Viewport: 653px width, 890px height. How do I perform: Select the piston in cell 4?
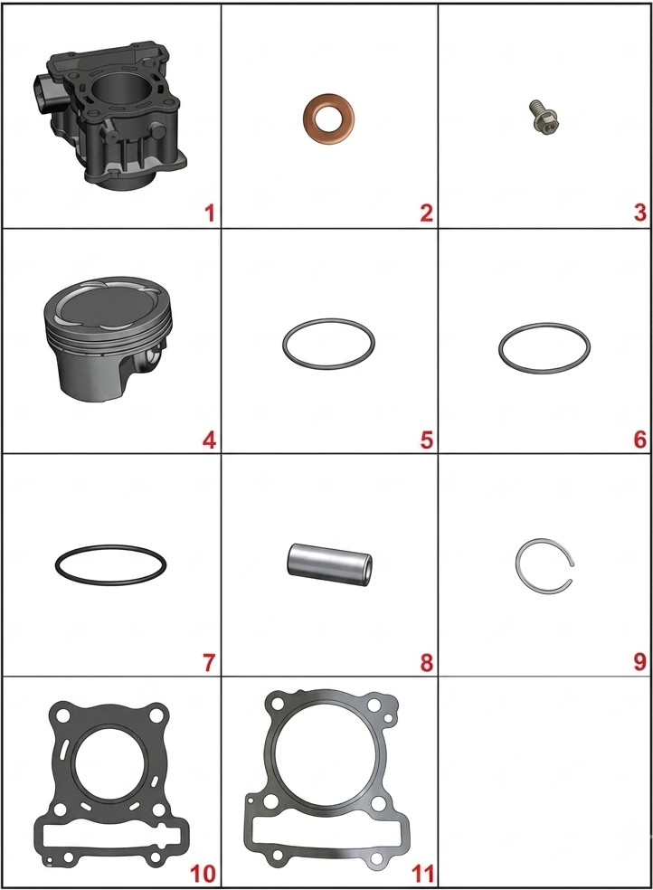(x=108, y=339)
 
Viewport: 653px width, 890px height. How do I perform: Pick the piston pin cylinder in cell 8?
(x=329, y=565)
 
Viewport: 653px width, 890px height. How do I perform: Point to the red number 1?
(x=209, y=213)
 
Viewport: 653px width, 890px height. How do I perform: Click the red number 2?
(x=426, y=213)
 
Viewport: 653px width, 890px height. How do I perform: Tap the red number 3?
(x=639, y=213)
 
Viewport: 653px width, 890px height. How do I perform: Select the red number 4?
(x=209, y=440)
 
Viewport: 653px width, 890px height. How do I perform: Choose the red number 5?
(x=426, y=440)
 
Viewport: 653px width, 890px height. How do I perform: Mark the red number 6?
(x=639, y=440)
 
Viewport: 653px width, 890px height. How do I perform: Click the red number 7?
(x=209, y=662)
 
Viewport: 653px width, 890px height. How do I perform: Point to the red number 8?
(x=426, y=662)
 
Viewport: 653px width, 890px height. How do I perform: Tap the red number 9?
(x=639, y=662)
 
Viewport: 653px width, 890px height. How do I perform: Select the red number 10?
(x=202, y=874)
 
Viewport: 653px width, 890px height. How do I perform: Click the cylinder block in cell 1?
(x=108, y=117)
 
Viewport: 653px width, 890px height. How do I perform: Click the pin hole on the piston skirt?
(x=150, y=358)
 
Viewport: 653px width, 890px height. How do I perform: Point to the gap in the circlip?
(x=573, y=573)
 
